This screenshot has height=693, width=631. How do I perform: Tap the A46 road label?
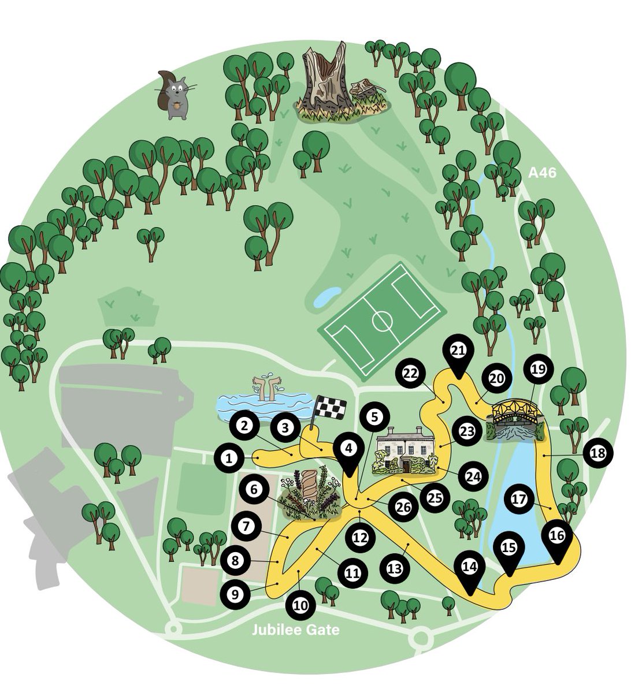coord(543,172)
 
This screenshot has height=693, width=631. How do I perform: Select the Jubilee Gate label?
coord(295,629)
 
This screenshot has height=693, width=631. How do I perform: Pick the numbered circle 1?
coord(229,459)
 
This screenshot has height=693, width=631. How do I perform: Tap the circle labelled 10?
coord(300,605)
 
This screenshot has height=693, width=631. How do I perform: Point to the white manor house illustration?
coord(404,450)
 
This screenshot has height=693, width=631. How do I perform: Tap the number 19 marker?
coord(538,370)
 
